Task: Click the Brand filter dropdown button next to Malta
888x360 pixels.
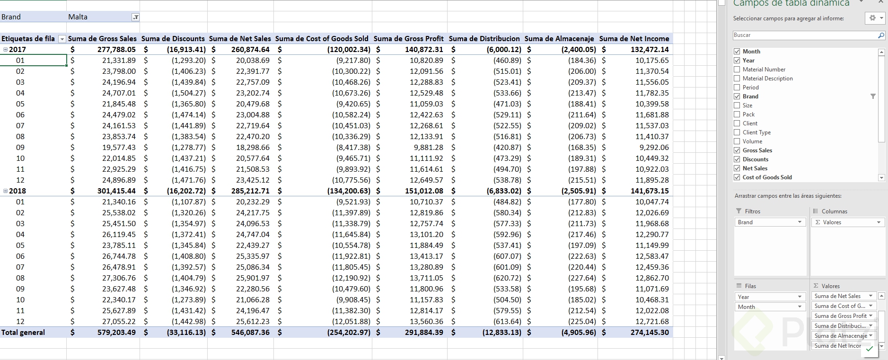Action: (x=135, y=17)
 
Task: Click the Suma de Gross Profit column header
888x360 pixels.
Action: (x=408, y=39)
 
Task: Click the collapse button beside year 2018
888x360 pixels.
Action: (x=5, y=191)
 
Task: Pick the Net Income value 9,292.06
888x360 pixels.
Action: (x=651, y=148)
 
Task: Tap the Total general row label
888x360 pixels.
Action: (x=23, y=333)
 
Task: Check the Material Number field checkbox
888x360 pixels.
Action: (x=737, y=70)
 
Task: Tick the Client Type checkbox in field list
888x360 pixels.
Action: (x=737, y=132)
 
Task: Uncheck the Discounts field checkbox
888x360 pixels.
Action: (x=737, y=159)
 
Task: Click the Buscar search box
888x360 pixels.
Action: (x=804, y=35)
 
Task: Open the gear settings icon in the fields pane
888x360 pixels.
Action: (x=872, y=18)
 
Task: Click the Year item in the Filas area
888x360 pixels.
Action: (x=769, y=297)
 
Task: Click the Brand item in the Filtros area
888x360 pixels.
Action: (x=769, y=222)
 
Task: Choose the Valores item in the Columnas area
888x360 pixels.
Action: (x=847, y=222)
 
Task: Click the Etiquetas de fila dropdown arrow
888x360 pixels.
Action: (x=62, y=39)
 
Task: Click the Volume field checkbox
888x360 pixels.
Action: (x=737, y=141)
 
